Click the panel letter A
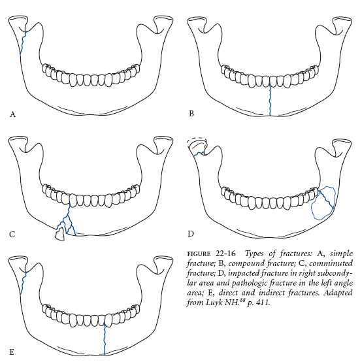click(12, 114)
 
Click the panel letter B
click(191, 114)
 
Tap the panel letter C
click(12, 235)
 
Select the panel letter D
click(191, 233)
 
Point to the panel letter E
click(12, 352)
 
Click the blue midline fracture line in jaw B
click(270, 99)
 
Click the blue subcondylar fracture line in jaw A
click(23, 42)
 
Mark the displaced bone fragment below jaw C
click(59, 234)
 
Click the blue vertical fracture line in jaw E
click(105, 339)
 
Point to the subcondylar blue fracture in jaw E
click(23, 283)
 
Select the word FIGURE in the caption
click(199, 254)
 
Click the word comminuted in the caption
click(331, 263)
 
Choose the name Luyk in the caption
click(214, 303)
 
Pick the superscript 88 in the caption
click(242, 301)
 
